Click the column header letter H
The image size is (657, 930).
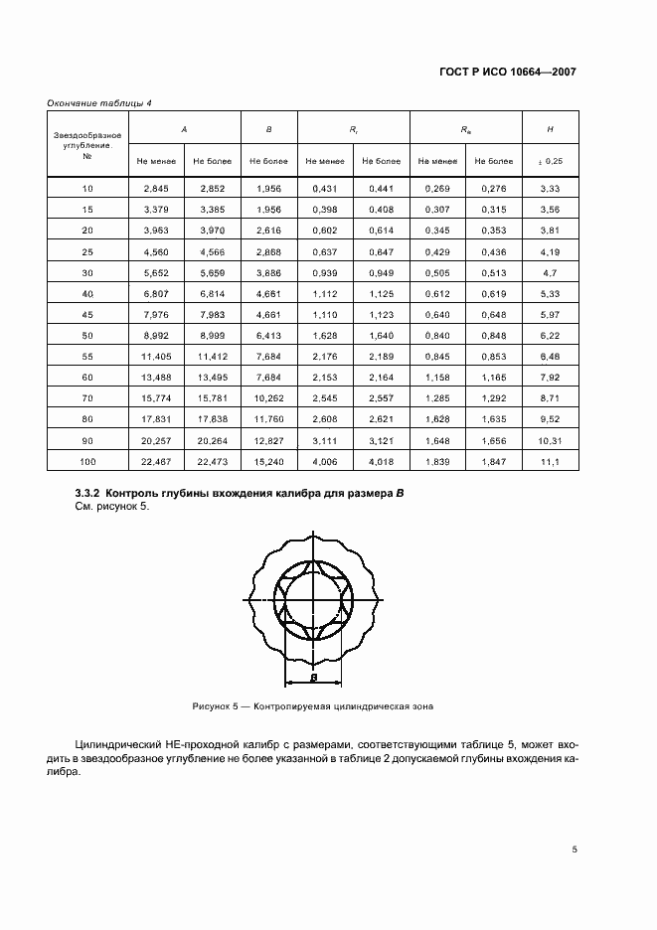pos(551,129)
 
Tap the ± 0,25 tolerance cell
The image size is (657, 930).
pos(551,160)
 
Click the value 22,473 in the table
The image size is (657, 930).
pos(213,462)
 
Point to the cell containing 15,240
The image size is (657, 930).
pos(269,462)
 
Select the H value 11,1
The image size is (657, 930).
pos(551,462)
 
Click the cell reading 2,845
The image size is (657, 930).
pos(157,188)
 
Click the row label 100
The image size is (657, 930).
pos(87,462)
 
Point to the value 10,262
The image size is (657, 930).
pos(269,396)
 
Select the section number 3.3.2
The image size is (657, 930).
pos(88,494)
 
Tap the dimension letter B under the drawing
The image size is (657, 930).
pos(312,677)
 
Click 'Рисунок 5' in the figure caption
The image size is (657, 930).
pos(218,706)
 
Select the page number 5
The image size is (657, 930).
pos(575,849)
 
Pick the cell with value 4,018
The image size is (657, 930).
pos(382,462)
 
